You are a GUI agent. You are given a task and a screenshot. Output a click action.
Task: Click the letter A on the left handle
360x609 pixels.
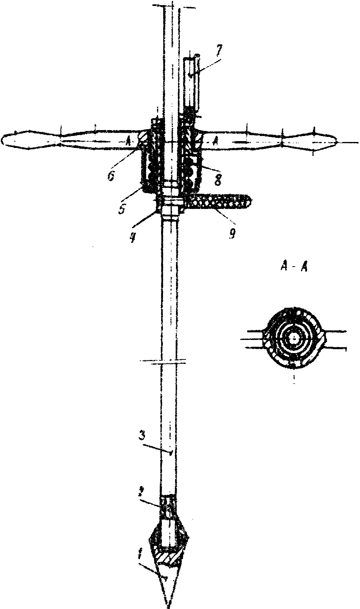pyautogui.click(x=128, y=139)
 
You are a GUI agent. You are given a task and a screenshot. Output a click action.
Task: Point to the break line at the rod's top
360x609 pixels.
pyautogui.click(x=172, y=6)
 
